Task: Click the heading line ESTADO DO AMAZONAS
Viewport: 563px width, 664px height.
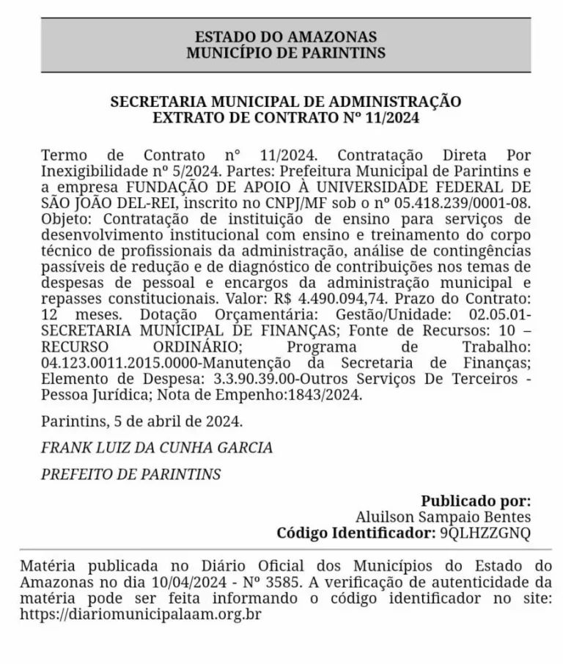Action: click(x=286, y=37)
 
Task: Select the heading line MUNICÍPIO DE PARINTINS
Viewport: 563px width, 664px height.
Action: click(x=286, y=53)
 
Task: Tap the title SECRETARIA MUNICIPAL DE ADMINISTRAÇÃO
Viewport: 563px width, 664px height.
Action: click(x=286, y=101)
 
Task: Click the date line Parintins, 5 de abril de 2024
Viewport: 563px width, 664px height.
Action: click(x=141, y=422)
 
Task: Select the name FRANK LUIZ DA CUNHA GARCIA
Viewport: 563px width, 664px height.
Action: click(x=157, y=447)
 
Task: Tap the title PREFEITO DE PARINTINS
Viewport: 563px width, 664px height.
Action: click(x=131, y=473)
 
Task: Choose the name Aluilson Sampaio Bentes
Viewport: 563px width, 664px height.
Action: click(x=443, y=517)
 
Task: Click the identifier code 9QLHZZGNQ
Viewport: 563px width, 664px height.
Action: click(x=485, y=534)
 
